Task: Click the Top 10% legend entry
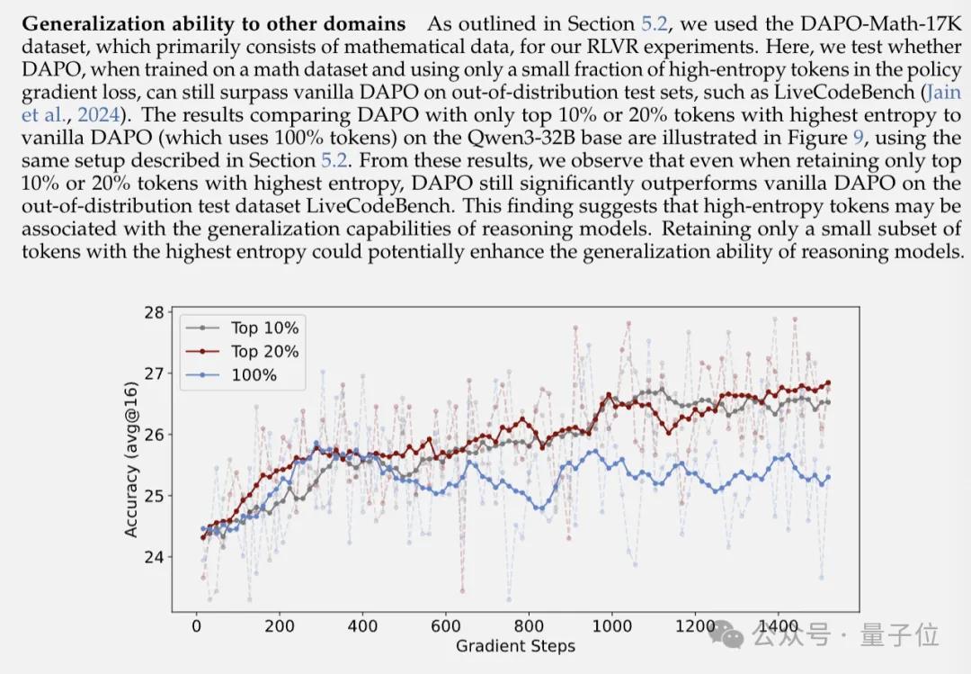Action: click(x=264, y=328)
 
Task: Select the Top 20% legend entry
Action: click(x=264, y=351)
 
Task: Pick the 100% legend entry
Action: click(x=254, y=374)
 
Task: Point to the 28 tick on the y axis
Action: click(x=156, y=312)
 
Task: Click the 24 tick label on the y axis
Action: click(x=156, y=556)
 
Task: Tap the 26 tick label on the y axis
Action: click(x=156, y=435)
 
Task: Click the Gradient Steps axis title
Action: click(x=515, y=645)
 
